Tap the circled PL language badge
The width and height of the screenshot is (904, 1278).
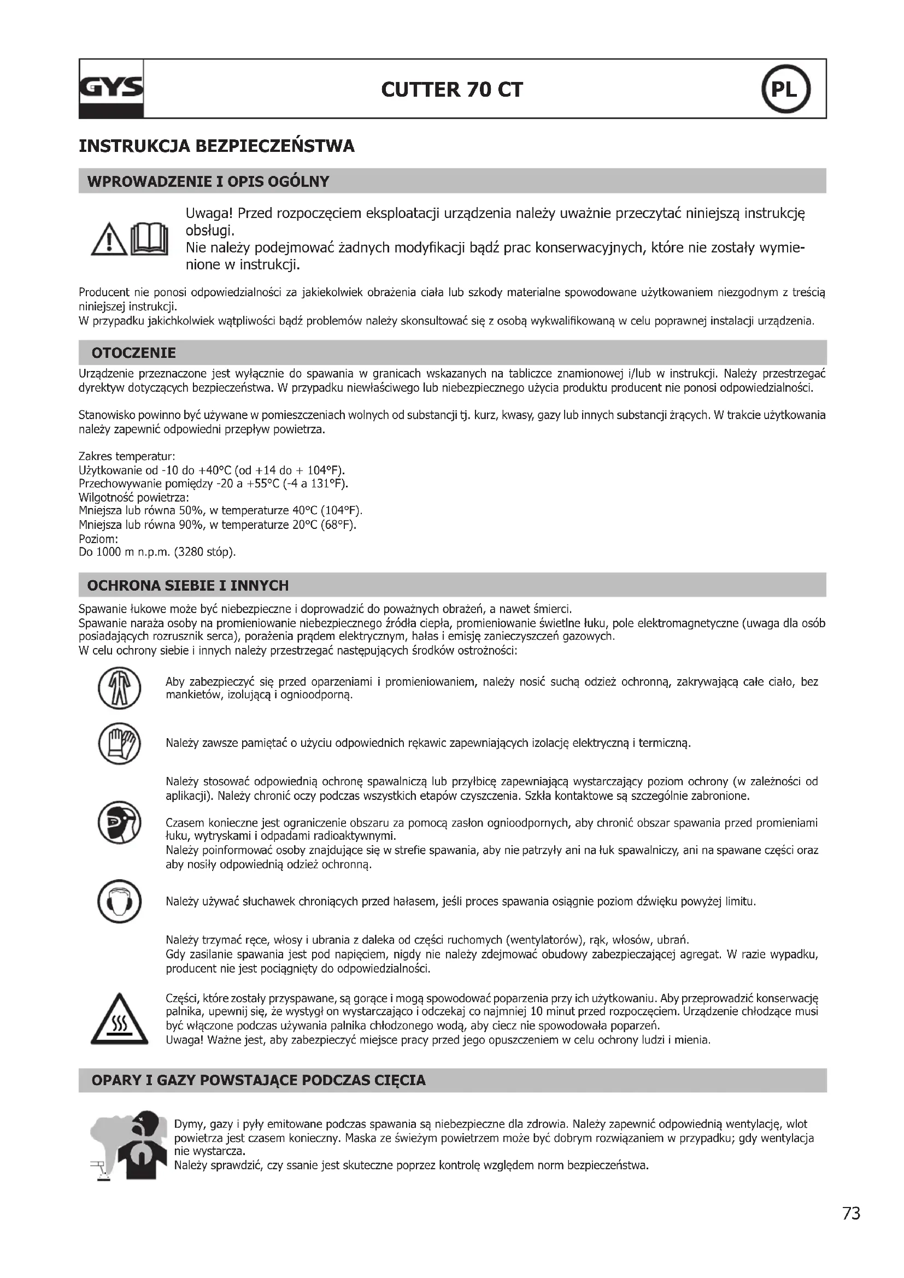(x=785, y=90)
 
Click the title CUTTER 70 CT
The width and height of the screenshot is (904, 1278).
(x=452, y=90)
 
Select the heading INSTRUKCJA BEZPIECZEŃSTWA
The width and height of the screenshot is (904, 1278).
(x=216, y=146)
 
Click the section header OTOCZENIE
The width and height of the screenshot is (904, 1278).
(x=133, y=353)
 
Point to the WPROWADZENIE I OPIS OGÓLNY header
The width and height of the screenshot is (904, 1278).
(x=208, y=181)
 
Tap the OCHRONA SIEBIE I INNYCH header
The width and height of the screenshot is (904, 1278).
(x=188, y=586)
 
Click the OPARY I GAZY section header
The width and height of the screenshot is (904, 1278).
(x=259, y=1080)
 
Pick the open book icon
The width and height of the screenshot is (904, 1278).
(x=149, y=239)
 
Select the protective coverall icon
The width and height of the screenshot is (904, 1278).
(x=120, y=688)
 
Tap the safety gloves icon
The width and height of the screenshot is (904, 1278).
(x=120, y=743)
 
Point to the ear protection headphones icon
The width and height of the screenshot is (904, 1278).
(x=120, y=901)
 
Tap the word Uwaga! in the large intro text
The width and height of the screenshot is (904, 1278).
(x=208, y=214)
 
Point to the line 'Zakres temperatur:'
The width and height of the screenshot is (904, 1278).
(x=127, y=456)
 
